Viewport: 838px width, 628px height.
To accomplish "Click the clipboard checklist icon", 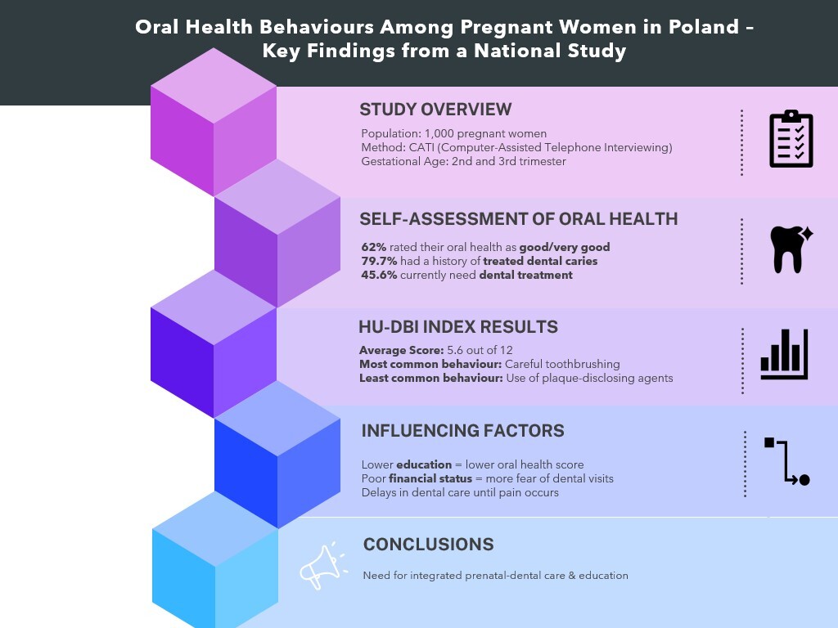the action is [791, 139].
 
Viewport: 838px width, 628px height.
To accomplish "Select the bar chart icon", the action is [784, 354].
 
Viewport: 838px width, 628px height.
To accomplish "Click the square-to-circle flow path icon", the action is [787, 461].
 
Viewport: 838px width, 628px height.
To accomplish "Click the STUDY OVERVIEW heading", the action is [435, 110].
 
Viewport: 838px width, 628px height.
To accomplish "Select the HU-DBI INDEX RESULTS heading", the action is [458, 327].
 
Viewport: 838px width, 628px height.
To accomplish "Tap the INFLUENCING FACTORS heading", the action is [463, 430].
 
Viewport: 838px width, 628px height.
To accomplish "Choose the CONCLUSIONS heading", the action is [429, 544].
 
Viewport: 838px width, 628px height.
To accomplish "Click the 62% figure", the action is [373, 247].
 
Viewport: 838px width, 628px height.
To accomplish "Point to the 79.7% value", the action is [379, 261].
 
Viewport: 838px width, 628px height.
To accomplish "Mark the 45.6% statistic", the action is [379, 275].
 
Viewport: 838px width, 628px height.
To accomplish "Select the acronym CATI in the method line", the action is [421, 147].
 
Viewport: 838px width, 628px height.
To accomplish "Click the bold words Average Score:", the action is [401, 350].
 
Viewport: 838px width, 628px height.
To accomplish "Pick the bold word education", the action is [424, 464].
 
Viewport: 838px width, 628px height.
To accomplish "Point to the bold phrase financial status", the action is [430, 478].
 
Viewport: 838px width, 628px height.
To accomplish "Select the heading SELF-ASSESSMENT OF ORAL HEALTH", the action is [518, 219].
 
